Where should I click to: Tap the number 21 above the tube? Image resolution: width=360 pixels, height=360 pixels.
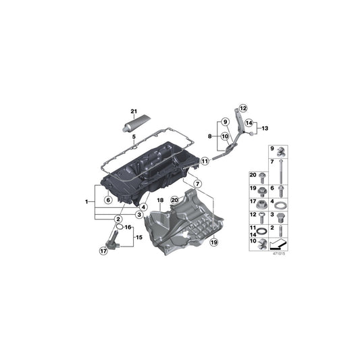pos(133,111)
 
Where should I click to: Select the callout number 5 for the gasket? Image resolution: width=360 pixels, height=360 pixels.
pos(134,137)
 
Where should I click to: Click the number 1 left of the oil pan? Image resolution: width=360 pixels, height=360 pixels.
pos(86,201)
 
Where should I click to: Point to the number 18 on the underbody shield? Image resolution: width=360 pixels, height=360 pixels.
pos(161,201)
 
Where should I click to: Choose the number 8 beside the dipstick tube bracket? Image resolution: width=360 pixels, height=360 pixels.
pos(209,136)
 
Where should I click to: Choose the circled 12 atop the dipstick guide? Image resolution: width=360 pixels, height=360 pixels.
pos(243,107)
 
